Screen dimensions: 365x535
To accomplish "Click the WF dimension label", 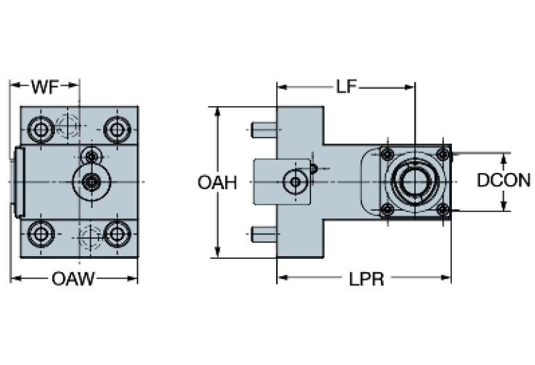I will (45, 87).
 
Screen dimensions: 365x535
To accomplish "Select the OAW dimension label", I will (73, 280).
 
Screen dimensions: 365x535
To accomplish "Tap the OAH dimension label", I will (217, 183).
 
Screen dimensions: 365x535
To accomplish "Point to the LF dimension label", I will (346, 87).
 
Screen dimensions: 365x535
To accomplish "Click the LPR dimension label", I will (367, 280).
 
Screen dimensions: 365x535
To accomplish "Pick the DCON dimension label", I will (503, 180).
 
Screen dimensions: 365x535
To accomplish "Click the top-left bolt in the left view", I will (41, 128).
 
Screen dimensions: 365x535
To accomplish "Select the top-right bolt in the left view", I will (116, 128).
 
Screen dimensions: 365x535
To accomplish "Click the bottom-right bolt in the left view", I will (116, 233).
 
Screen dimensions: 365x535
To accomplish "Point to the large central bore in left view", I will (90, 182).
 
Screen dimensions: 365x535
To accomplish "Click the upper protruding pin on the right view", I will (264, 130).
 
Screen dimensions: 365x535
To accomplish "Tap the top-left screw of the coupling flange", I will (389, 154).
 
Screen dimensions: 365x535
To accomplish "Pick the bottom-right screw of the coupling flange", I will (442, 209).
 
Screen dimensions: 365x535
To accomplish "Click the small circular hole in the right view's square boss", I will (296, 182).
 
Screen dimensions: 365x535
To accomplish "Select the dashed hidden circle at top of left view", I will (69, 126).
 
